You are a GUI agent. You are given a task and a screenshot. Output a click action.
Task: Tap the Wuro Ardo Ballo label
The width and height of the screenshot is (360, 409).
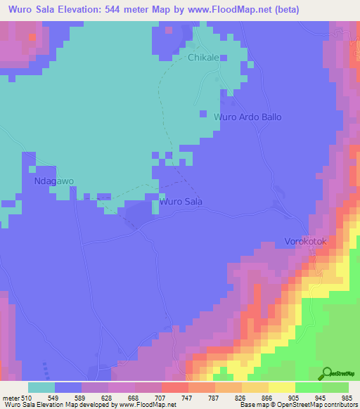247,117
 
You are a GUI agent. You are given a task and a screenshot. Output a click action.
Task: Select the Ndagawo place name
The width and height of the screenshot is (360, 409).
54,181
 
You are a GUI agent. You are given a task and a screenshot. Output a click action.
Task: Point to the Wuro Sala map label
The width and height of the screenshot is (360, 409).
181,202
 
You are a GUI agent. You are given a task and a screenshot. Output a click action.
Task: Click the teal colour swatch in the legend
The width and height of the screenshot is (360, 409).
41,387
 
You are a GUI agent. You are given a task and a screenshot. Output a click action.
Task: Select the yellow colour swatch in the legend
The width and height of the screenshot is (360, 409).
282,387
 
